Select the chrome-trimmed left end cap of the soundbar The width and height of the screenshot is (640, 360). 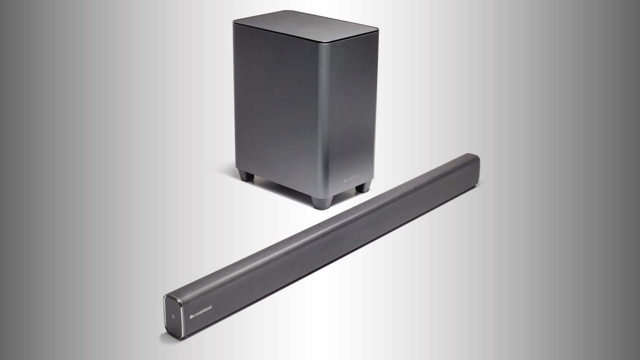(x=172, y=317)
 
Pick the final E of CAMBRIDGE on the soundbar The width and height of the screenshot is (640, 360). (x=210, y=306)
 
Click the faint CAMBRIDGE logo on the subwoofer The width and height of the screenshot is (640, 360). (x=352, y=178)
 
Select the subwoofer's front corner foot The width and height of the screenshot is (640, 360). (x=321, y=202)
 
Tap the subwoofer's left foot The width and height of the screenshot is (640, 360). (x=246, y=175)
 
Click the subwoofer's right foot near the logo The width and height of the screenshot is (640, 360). (x=363, y=186)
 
